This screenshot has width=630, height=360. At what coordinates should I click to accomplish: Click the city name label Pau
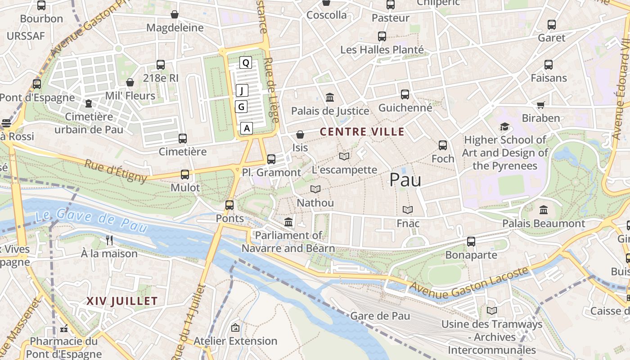(405, 180)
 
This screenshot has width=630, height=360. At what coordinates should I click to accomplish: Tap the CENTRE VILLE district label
(362, 132)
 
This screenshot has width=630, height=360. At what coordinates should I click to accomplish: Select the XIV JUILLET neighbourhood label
(122, 301)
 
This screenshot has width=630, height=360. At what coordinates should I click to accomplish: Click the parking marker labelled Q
(245, 63)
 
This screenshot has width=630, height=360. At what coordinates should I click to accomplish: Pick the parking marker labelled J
(242, 91)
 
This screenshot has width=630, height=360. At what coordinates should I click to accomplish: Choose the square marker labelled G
(242, 107)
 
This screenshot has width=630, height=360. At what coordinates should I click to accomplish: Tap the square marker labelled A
(246, 128)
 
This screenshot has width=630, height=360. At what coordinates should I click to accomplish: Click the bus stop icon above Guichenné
(405, 94)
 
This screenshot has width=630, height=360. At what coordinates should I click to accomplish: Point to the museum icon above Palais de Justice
(330, 97)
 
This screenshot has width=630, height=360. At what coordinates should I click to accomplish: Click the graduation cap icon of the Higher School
(504, 127)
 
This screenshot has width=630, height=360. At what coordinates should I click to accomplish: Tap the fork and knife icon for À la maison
(109, 240)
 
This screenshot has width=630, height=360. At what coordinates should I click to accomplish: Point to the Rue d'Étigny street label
(116, 171)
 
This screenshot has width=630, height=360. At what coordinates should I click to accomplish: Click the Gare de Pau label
(380, 316)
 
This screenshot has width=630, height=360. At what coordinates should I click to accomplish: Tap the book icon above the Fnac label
(408, 210)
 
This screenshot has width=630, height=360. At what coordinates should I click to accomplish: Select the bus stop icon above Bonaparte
(471, 242)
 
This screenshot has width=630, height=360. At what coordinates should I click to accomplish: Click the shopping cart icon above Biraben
(540, 105)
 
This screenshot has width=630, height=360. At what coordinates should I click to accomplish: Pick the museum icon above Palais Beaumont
(543, 210)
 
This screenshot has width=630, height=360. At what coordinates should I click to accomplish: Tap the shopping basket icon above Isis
(300, 135)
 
